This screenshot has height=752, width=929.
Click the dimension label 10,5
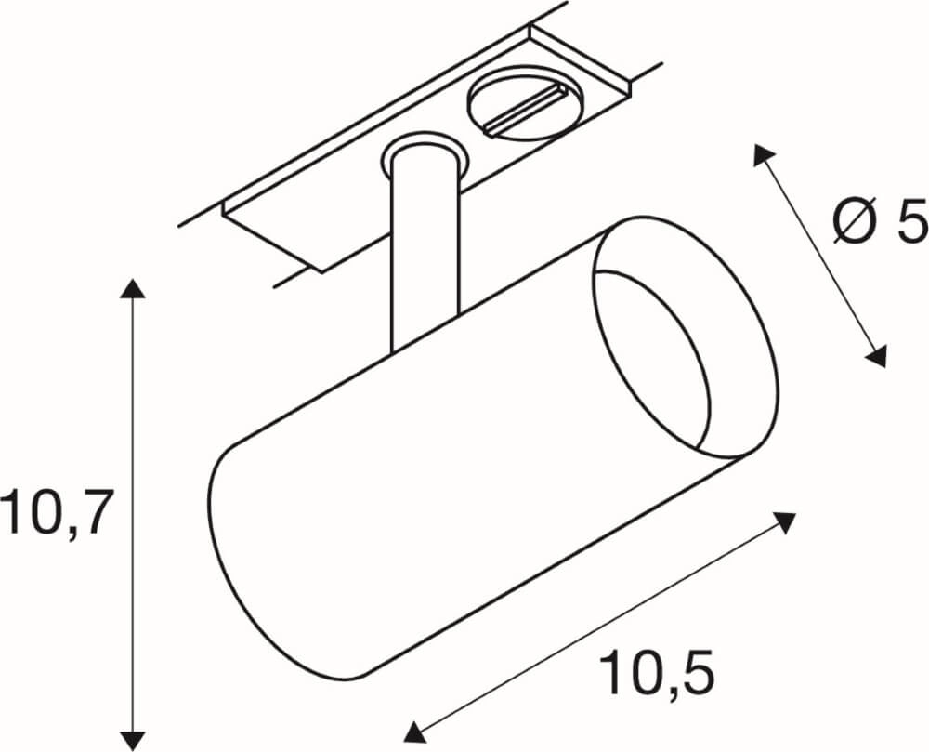pyautogui.click(x=659, y=673)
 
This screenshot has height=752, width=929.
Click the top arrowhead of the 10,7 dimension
pyautogui.click(x=134, y=288)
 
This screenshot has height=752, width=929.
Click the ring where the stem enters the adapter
pyautogui.click(x=422, y=153)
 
